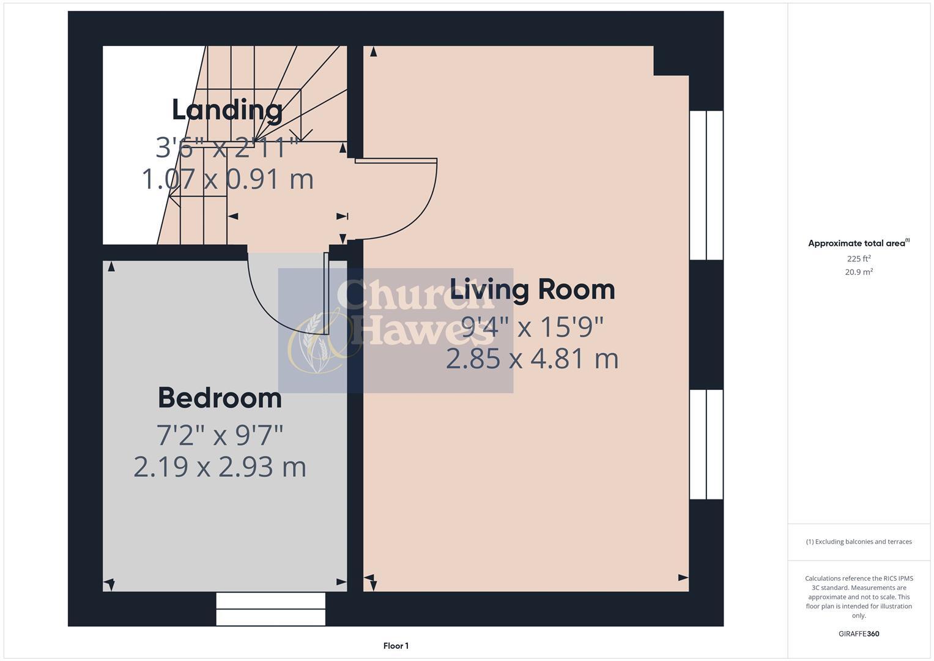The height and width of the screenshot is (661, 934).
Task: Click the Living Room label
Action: (532, 289)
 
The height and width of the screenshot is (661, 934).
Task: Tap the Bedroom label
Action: (220, 398)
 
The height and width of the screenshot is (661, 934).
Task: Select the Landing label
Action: (227, 110)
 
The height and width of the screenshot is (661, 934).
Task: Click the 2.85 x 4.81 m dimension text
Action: (532, 359)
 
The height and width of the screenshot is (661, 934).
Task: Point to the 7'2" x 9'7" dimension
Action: (220, 436)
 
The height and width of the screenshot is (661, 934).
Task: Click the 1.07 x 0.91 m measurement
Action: (228, 179)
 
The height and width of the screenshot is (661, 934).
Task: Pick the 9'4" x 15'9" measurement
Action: (532, 327)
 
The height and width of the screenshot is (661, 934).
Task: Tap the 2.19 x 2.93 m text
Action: (220, 468)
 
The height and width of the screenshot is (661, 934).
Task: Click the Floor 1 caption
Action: (396, 646)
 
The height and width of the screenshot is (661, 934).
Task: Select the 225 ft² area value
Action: (859, 258)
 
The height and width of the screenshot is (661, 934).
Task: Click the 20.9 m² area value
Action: (859, 272)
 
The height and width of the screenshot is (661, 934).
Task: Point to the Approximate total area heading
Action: (858, 244)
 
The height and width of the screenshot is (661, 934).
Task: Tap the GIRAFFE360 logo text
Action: (859, 634)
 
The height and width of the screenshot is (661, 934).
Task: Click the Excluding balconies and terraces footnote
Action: (859, 542)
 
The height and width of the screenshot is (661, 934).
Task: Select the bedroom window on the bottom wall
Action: (270, 609)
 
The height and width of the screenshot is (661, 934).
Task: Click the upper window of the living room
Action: (706, 185)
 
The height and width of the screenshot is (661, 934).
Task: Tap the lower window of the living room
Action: (706, 445)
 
